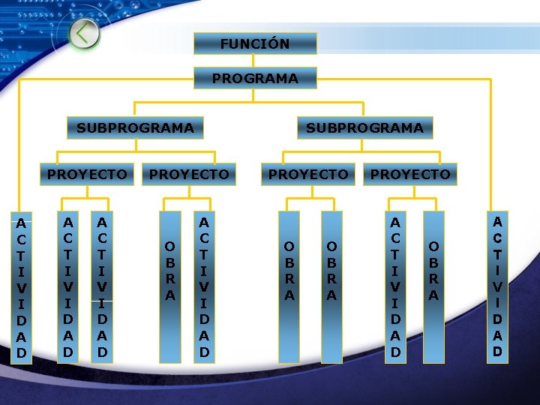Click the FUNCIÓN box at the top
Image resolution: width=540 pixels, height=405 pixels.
pyautogui.click(x=255, y=43)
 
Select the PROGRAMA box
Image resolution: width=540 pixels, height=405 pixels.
pyautogui.click(x=255, y=78)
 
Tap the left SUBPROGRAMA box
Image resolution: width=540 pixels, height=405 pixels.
pyautogui.click(x=135, y=127)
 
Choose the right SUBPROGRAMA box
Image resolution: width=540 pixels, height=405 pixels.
pyautogui.click(x=364, y=127)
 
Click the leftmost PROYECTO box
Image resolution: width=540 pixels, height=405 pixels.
pyautogui.click(x=87, y=174)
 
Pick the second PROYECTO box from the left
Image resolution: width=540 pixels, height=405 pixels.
pyautogui.click(x=189, y=174)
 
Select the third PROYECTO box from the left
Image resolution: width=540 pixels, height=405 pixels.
pyautogui.click(x=308, y=174)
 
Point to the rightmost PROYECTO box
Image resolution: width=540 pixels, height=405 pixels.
pyautogui.click(x=410, y=174)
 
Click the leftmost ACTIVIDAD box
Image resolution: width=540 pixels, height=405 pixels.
pyautogui.click(x=22, y=287)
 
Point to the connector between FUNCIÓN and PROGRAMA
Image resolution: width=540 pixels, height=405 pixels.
pyautogui.click(x=255, y=61)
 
